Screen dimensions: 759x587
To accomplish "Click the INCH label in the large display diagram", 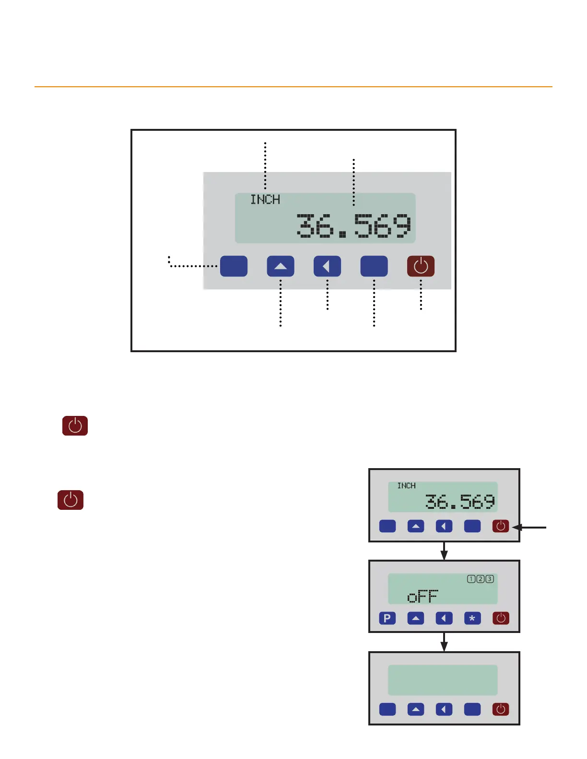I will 265,199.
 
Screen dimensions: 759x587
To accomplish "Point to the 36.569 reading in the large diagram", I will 353,225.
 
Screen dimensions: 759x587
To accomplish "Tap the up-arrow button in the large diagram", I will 281,266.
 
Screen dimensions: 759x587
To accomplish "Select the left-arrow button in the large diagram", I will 327,266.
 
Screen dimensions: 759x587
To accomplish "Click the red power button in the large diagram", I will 421,266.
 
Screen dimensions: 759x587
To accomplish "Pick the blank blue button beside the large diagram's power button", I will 374,266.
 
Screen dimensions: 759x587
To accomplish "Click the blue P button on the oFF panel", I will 387,618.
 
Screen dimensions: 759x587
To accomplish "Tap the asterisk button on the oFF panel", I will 472,618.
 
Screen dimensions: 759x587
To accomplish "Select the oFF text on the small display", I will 423,597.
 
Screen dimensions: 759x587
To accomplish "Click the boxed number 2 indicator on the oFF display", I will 480,579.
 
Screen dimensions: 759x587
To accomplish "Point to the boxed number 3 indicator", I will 489,579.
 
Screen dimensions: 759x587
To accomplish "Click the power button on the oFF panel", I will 501,618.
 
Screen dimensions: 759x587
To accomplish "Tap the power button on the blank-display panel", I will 501,709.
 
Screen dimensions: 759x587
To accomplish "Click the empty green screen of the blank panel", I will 443,680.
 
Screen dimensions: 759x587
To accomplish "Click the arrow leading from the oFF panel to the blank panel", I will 444,642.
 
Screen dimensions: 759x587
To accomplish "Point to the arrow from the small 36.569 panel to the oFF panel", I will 444,551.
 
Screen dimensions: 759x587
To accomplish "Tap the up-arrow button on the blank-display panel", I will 416,709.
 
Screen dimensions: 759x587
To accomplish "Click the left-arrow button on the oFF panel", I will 444,618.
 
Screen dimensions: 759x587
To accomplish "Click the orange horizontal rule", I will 293,87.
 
